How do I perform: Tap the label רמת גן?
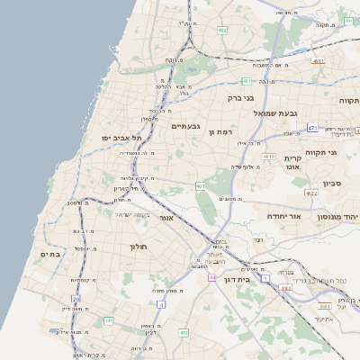[x=220, y=132]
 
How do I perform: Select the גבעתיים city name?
[x=185, y=126]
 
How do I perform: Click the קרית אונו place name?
[x=292, y=162]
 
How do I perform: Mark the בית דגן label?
[x=236, y=268]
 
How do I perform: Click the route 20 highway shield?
[x=76, y=298]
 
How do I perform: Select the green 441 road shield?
[x=108, y=319]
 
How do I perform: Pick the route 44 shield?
[x=212, y=277]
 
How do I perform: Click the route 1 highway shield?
[x=265, y=278]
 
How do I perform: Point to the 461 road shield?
[x=200, y=186]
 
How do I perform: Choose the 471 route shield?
[x=311, y=129]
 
